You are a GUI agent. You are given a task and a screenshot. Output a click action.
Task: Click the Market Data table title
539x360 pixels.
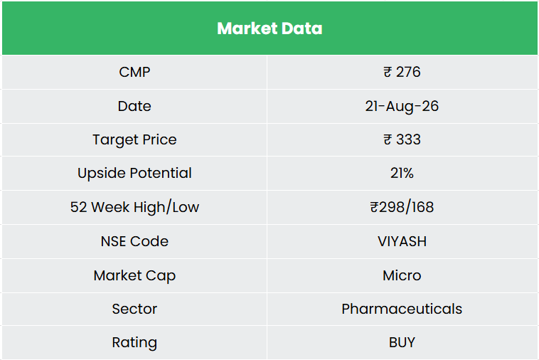point(269,28)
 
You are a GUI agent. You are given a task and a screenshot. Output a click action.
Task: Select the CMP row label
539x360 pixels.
point(134,72)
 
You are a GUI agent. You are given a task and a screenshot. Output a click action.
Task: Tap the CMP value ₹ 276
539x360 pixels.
point(402,72)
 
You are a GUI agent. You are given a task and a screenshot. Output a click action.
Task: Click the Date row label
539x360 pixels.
point(134,106)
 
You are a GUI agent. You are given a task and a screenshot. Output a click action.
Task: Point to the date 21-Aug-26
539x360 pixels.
point(402,106)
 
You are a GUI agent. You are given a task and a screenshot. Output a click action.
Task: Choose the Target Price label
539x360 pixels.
point(134,140)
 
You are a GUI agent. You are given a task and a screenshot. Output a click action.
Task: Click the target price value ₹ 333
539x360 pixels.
point(402,139)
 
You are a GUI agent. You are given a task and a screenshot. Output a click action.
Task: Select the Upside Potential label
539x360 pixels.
point(134,173)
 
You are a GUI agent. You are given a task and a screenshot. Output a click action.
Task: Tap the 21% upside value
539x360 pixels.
point(402,173)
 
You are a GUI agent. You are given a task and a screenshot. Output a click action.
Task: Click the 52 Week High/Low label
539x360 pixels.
point(134,207)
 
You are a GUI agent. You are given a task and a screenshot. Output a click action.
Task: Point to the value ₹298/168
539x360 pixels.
point(402,207)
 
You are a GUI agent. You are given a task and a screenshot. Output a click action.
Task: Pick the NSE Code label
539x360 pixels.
point(134,241)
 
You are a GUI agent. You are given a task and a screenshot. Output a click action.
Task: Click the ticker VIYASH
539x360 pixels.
point(402,241)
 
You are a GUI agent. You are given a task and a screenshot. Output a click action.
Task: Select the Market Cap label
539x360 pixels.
point(134,275)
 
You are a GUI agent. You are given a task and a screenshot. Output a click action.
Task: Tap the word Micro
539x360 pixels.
point(402,275)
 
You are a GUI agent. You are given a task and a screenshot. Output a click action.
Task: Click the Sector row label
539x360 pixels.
point(134,309)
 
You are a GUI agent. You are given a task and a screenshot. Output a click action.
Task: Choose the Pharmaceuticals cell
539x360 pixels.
point(402,309)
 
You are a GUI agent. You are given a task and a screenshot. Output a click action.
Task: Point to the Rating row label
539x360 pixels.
point(134,342)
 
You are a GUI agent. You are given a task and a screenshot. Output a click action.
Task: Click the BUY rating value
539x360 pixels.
point(402,342)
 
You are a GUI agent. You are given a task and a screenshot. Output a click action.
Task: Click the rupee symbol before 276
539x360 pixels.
point(388,72)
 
